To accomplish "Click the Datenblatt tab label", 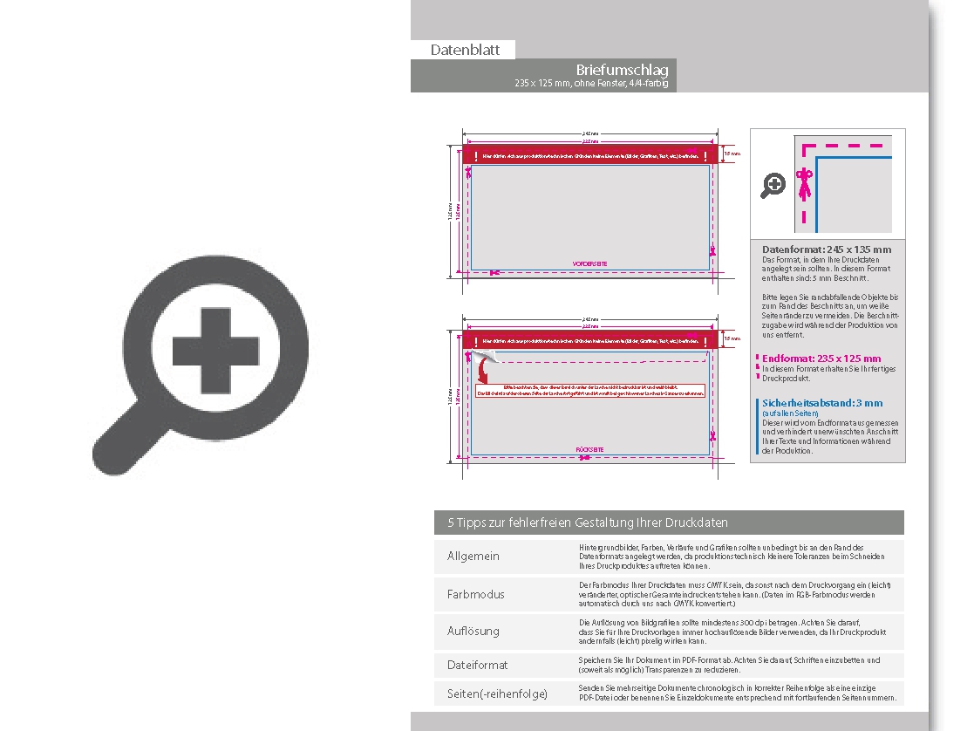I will [465, 50].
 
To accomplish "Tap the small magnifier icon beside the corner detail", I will [773, 185].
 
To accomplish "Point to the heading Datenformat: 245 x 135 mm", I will [827, 249].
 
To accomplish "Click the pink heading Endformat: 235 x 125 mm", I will [821, 359].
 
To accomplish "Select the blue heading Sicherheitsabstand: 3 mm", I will [822, 403].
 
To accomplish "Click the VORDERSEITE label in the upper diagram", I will [589, 263].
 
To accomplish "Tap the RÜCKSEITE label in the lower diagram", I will [589, 450].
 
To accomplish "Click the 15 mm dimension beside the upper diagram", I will [732, 154].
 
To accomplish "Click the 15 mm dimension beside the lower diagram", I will [732, 338].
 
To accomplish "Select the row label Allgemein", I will [473, 557].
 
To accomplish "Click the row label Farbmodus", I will [475, 594].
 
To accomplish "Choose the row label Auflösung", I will [473, 631].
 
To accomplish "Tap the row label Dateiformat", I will [477, 665].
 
